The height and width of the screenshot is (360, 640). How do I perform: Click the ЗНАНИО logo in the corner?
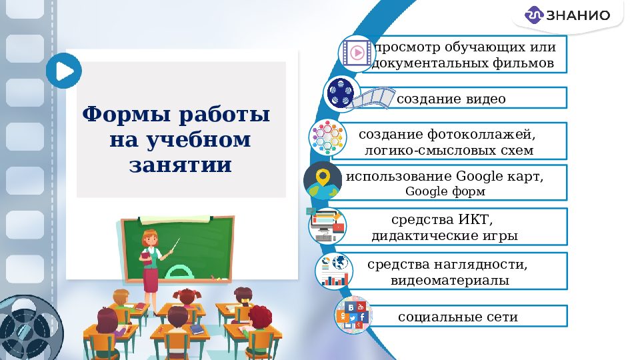[x=567, y=15]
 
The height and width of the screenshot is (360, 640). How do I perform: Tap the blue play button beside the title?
[x=64, y=71]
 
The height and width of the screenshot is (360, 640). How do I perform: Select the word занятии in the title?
[x=180, y=165]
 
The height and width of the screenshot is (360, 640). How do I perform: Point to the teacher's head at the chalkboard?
[x=149, y=238]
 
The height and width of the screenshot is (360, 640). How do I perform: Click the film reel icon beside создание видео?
[x=342, y=93]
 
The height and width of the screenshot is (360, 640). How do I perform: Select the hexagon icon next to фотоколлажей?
[x=327, y=137]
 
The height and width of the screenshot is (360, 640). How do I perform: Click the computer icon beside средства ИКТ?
[x=327, y=225]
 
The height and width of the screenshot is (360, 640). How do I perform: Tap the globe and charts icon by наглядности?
[x=334, y=270]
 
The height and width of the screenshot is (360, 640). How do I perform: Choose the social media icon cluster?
[x=353, y=315]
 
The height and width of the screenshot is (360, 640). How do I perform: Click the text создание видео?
[x=451, y=99]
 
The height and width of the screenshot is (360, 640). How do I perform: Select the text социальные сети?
[x=457, y=317]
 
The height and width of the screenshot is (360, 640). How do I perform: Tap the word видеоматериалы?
[x=450, y=281]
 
